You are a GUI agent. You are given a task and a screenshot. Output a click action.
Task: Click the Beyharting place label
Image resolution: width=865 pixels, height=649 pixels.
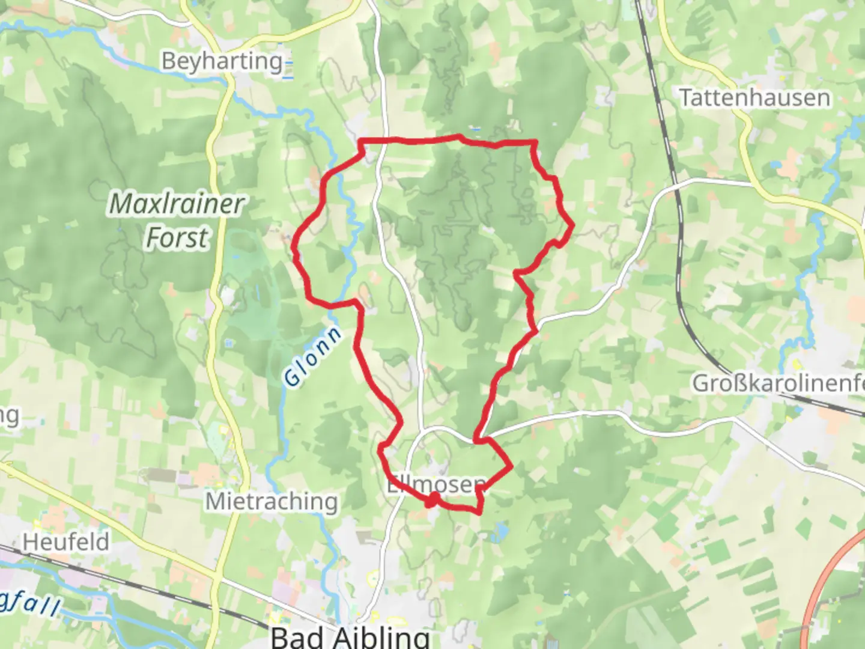point(222,61)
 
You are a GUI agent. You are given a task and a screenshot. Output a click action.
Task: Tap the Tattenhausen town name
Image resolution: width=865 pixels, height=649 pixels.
point(754,97)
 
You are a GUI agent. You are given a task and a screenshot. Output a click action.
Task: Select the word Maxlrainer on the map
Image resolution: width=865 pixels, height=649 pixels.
point(177,204)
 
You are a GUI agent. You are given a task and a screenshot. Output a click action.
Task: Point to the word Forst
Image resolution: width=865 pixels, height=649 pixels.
point(177,237)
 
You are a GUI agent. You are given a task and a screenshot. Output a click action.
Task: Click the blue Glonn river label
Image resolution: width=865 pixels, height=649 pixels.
point(312,356)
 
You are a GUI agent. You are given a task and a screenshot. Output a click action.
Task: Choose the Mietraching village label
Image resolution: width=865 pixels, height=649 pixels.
point(272,501)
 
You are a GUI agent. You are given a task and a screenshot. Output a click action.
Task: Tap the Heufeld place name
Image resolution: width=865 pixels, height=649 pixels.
point(66,542)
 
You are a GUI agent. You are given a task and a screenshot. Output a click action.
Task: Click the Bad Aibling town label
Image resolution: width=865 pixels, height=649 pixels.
point(350,636)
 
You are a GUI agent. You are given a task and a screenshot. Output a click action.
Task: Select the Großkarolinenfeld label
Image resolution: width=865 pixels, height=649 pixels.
point(778,383)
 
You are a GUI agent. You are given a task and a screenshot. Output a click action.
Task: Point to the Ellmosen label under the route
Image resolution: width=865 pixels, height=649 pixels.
point(436,484)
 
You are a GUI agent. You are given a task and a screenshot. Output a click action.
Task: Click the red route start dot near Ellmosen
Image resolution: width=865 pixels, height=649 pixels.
point(432,499)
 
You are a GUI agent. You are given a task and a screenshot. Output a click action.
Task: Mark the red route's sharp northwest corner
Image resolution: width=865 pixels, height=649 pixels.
point(360,142)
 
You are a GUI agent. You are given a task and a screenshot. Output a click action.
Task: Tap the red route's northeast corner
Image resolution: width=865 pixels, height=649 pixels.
point(535,142)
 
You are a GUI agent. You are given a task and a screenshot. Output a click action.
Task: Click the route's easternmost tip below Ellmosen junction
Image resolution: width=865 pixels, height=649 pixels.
point(511,466)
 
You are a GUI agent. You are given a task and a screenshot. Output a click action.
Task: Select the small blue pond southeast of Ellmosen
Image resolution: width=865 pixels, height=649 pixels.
point(500,531)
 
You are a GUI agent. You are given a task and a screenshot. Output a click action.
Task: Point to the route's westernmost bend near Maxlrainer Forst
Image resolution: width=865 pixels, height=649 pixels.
point(294,246)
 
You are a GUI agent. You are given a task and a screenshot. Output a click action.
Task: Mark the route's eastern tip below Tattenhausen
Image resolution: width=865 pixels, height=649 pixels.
point(572,225)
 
